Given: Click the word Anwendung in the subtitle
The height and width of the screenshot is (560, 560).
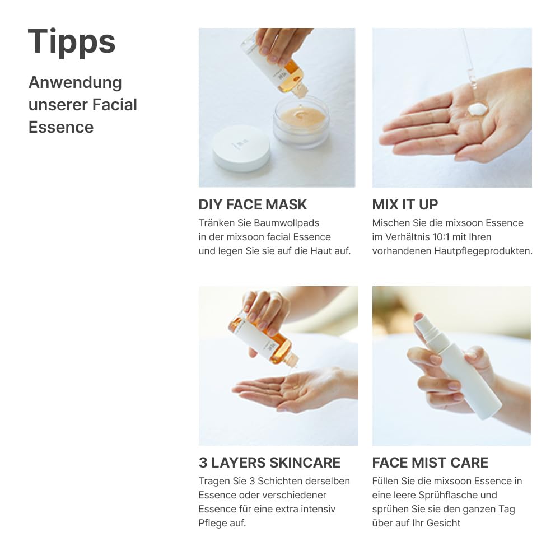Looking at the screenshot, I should (75, 82).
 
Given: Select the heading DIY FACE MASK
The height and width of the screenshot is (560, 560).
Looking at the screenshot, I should (253, 204).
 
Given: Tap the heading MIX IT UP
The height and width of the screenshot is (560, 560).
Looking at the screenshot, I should (405, 204).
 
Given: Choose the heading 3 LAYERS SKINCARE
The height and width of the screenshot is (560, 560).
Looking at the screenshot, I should (269, 463).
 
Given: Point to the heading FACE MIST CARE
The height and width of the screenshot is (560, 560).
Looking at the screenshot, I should (430, 463).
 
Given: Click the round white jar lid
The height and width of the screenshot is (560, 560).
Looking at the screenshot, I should (241, 147).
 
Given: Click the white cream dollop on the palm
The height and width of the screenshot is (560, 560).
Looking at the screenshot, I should (477, 109).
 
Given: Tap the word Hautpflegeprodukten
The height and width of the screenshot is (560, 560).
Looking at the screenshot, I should (483, 251).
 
